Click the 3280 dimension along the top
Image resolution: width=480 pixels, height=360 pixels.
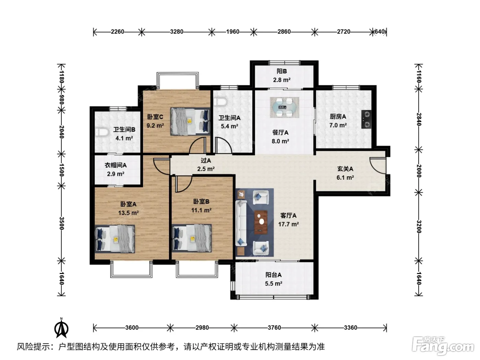tap(177, 32)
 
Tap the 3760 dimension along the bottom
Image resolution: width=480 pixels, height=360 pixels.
tap(274, 327)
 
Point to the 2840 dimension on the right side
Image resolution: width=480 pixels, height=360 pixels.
tap(419, 119)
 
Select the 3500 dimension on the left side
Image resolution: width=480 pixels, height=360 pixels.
tap(61, 223)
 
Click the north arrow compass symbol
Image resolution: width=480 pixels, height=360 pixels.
tap(61, 328)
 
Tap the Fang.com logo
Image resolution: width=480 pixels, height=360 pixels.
tap(443, 346)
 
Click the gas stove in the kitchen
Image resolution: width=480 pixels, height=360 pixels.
tap(366, 119)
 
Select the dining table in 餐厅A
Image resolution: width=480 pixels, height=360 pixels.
tap(284, 107)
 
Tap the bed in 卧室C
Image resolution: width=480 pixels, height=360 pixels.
tap(190, 121)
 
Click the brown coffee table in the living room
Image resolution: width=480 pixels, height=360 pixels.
tap(261, 222)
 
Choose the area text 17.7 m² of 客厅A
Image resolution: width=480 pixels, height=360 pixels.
tap(288, 224)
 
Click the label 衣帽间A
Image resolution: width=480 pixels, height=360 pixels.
tap(116, 165)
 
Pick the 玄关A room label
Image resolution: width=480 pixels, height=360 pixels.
tap(345, 169)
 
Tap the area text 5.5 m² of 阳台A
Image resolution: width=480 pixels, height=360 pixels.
tap(273, 284)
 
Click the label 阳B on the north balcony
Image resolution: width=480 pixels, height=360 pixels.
tap(282, 71)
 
